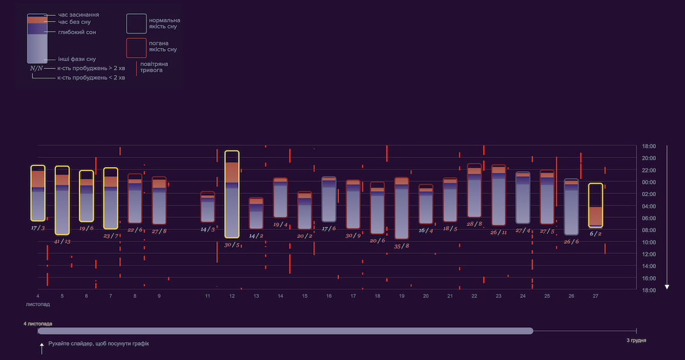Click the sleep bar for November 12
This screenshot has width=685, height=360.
pyautogui.click(x=232, y=194)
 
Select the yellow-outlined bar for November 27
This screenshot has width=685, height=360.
pyautogui.click(x=595, y=205)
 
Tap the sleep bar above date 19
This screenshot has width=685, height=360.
pyautogui.click(x=401, y=208)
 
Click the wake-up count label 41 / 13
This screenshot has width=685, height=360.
pyautogui.click(x=62, y=241)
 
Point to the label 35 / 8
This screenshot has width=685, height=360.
pyautogui.click(x=401, y=246)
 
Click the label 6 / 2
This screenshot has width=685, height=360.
pyautogui.click(x=595, y=234)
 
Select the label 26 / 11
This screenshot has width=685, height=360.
pyautogui.click(x=498, y=232)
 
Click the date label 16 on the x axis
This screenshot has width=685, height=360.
pyautogui.click(x=329, y=296)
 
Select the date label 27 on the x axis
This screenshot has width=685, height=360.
pyautogui.click(x=595, y=296)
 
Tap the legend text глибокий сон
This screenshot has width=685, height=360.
pyautogui.click(x=77, y=32)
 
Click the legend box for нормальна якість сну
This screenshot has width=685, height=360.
pyautogui.click(x=136, y=23)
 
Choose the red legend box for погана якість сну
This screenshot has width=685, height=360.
pyautogui.click(x=136, y=48)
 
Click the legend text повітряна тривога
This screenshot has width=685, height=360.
pyautogui.click(x=154, y=67)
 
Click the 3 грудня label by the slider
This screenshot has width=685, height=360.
pyautogui.click(x=636, y=341)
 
